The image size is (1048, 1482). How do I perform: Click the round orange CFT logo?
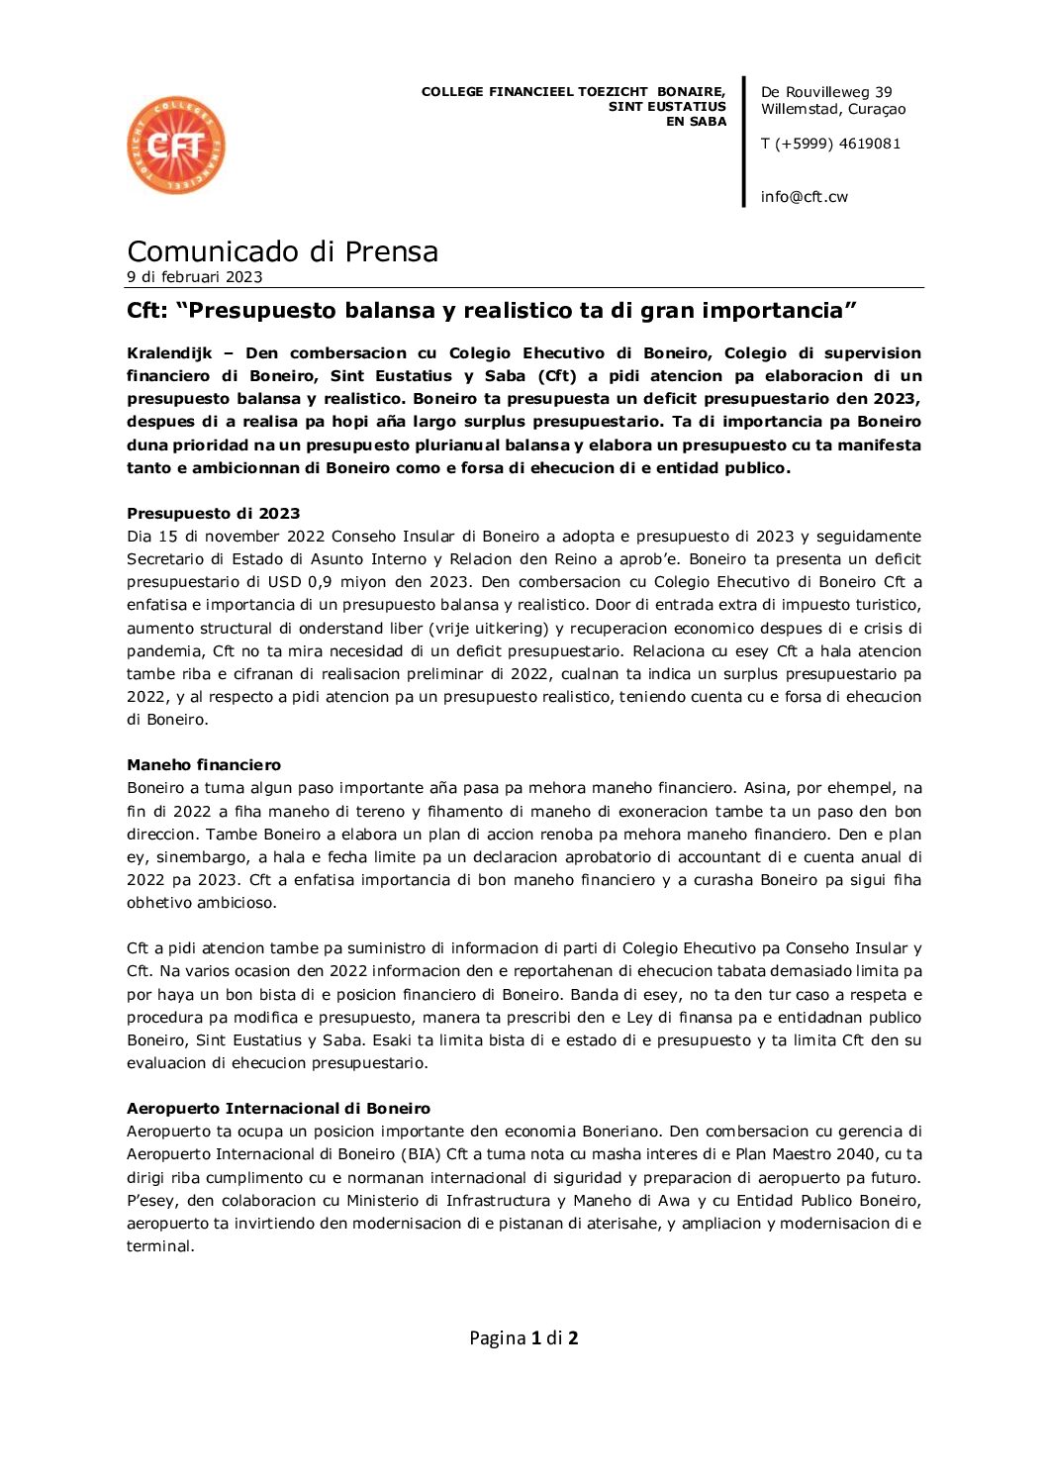click(176, 146)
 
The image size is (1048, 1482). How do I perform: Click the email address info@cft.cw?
click(804, 197)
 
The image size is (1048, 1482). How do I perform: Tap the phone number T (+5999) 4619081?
click(830, 144)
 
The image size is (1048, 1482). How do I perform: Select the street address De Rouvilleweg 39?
click(826, 92)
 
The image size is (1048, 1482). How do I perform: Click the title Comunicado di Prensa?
click(282, 251)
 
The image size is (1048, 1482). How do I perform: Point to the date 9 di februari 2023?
click(194, 277)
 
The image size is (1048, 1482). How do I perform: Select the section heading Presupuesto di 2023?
click(213, 513)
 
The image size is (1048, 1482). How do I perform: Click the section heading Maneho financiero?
click(204, 765)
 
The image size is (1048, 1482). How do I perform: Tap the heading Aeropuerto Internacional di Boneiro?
click(278, 1109)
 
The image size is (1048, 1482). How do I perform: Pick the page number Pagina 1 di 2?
click(524, 1338)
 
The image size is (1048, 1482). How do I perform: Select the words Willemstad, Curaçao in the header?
click(833, 109)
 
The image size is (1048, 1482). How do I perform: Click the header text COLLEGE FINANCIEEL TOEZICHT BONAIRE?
click(573, 92)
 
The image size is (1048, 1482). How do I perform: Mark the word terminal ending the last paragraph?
click(158, 1246)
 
